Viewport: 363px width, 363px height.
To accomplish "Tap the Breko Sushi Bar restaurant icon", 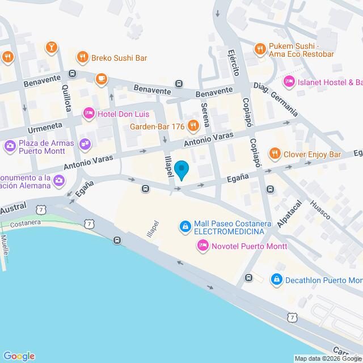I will click(83, 57).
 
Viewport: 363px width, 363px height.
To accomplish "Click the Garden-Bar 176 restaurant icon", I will click(193, 125).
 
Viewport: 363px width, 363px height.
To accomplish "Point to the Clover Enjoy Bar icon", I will click(275, 154).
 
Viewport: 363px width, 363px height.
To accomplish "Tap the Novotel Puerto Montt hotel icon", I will click(202, 246).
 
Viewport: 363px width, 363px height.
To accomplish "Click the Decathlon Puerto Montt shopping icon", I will click(276, 280).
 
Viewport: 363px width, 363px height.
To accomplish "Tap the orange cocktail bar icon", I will click(52, 47).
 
